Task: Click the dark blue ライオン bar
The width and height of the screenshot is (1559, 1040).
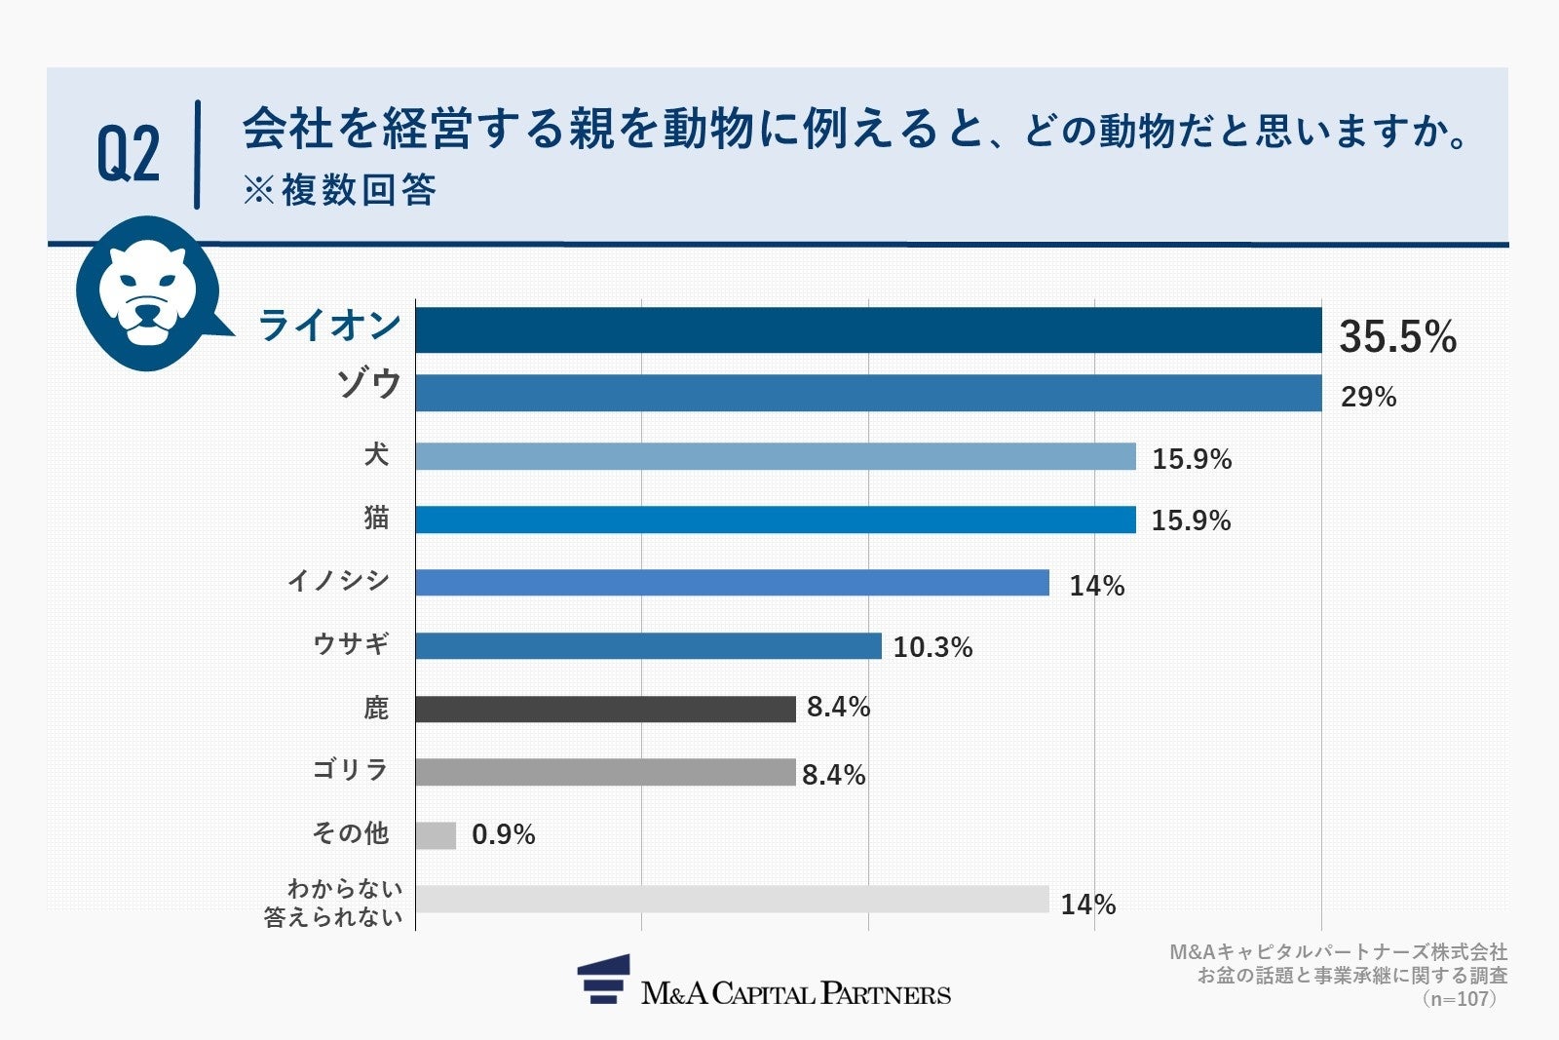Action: click(867, 329)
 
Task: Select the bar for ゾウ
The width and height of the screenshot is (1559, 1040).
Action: click(867, 393)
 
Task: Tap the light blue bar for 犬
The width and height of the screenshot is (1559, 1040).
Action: click(775, 456)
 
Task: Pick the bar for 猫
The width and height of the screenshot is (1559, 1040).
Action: click(775, 520)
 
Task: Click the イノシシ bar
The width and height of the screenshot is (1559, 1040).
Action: click(731, 583)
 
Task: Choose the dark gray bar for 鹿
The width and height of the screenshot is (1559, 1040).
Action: click(604, 709)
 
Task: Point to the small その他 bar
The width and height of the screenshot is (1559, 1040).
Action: click(436, 835)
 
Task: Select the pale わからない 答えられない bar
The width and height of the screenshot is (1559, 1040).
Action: click(731, 899)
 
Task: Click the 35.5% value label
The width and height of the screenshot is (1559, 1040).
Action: click(1397, 337)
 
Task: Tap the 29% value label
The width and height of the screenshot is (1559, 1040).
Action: click(1368, 397)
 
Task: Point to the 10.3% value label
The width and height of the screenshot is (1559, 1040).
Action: click(932, 647)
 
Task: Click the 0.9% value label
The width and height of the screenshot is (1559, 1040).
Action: click(503, 834)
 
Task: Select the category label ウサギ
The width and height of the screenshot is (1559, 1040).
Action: click(351, 643)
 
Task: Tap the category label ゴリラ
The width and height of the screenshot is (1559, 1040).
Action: click(351, 770)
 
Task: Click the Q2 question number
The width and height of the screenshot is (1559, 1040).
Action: click(128, 154)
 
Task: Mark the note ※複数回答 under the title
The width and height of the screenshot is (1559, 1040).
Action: click(339, 190)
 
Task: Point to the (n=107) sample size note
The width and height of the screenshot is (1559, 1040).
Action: click(1459, 999)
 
